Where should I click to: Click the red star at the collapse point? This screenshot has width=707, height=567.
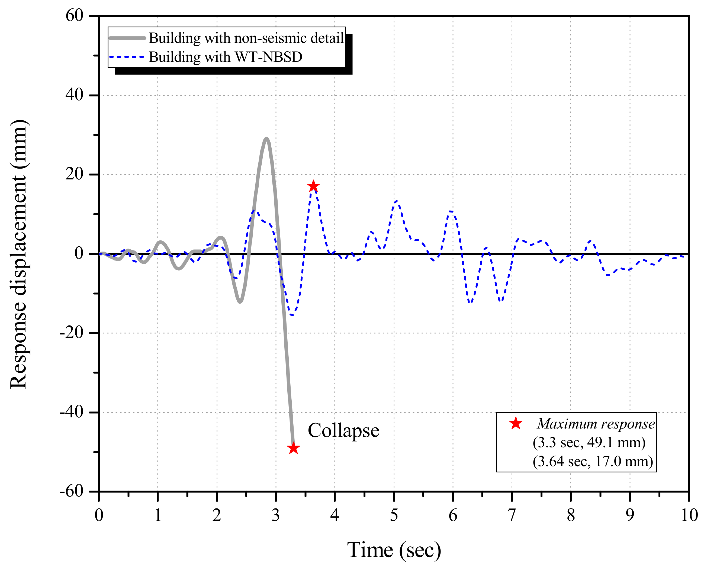point(293,448)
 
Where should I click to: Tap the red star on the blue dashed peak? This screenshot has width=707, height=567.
point(313,186)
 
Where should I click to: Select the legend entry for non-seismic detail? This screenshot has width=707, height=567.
point(246,38)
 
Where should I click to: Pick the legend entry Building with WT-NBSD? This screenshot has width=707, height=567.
point(225,57)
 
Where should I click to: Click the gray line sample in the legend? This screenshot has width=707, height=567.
point(127,38)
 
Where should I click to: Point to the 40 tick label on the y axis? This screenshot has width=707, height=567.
point(75,95)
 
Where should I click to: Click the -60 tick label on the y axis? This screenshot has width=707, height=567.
point(72,491)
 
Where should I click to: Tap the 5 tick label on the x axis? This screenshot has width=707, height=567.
point(394,515)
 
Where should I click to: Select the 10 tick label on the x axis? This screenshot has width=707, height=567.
point(689,515)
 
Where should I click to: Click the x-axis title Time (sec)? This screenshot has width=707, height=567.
point(394,550)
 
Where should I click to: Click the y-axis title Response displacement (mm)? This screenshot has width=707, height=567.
point(18,254)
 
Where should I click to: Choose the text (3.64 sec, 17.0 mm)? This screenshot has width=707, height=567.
point(593,461)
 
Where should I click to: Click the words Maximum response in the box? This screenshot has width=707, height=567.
point(596,424)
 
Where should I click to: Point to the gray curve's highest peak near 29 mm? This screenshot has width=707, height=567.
point(266,139)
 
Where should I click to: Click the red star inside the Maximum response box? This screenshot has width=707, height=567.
point(516,423)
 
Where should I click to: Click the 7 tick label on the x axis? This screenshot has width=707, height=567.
point(512,515)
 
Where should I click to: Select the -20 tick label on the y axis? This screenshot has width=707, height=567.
point(72,333)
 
